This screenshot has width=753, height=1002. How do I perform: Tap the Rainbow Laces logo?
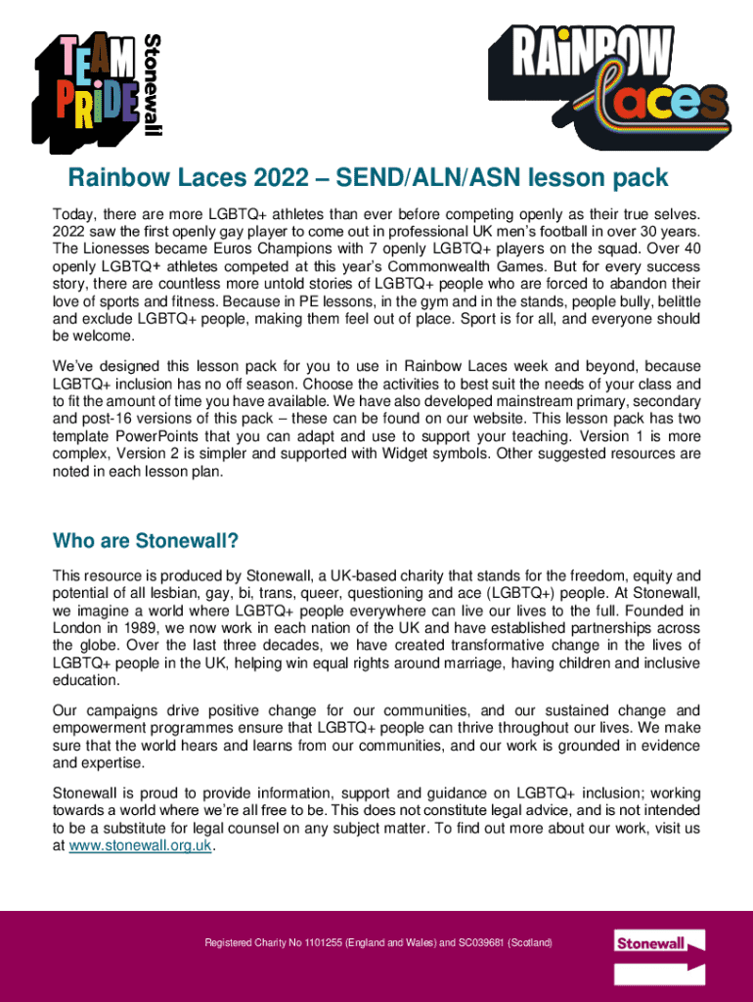[x=607, y=83]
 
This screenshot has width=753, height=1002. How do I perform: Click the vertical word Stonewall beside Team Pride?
[x=154, y=85]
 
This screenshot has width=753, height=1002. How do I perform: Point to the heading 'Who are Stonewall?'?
[x=146, y=541]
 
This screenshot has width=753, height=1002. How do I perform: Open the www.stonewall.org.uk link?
[x=141, y=846]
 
